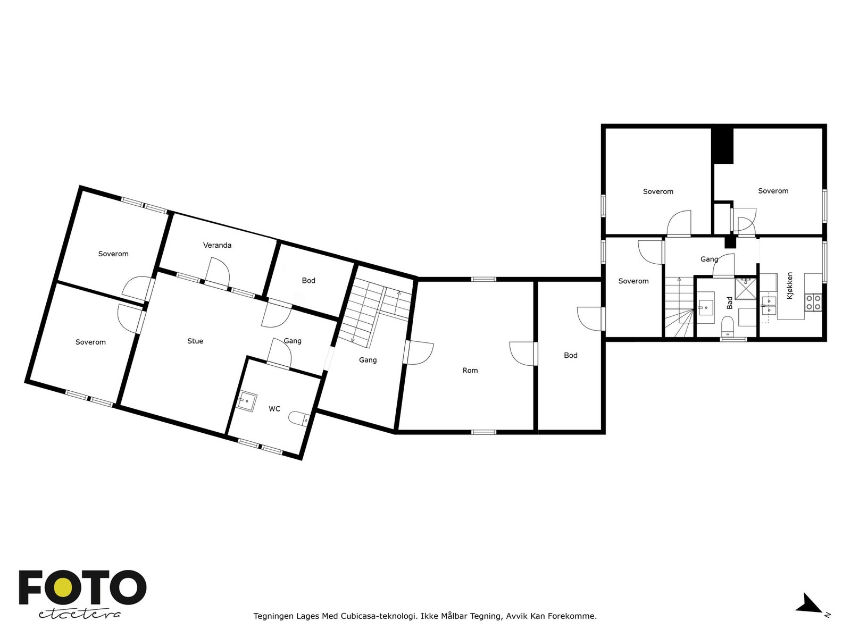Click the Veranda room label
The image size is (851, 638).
217,245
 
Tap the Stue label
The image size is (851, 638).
195,341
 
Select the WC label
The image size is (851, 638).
274,409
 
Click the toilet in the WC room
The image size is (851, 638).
299,419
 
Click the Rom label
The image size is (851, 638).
470,371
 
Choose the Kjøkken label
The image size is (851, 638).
790,286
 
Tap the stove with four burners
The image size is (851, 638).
813,303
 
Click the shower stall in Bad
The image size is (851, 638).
746,288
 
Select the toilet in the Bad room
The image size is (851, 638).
728,325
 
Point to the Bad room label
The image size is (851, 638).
730,303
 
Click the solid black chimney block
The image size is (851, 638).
723,145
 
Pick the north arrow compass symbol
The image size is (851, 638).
810,605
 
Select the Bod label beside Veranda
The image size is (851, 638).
308,281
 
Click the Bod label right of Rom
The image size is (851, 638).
571,356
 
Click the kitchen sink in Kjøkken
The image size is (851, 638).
768,303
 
